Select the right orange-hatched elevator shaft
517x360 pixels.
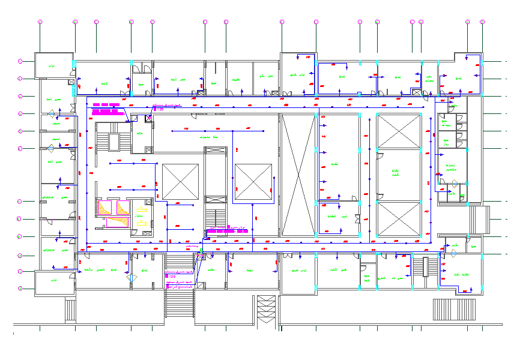[x=124, y=208]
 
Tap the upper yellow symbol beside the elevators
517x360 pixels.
[x=142, y=210]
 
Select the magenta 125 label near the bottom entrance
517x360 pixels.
[x=173, y=277]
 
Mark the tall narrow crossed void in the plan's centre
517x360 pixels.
[x=298, y=174]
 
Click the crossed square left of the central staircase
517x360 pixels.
[x=180, y=181]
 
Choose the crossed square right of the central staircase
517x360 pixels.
[x=253, y=182]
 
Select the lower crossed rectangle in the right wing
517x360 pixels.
[x=399, y=219]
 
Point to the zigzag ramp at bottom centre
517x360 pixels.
[x=266, y=310]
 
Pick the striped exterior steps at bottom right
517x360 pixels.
[x=454, y=310]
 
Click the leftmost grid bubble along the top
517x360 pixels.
[x=40, y=22]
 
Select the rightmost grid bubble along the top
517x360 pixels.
[x=482, y=22]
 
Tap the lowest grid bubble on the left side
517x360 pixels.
[x=20, y=289]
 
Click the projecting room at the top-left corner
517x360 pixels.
[x=53, y=65]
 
